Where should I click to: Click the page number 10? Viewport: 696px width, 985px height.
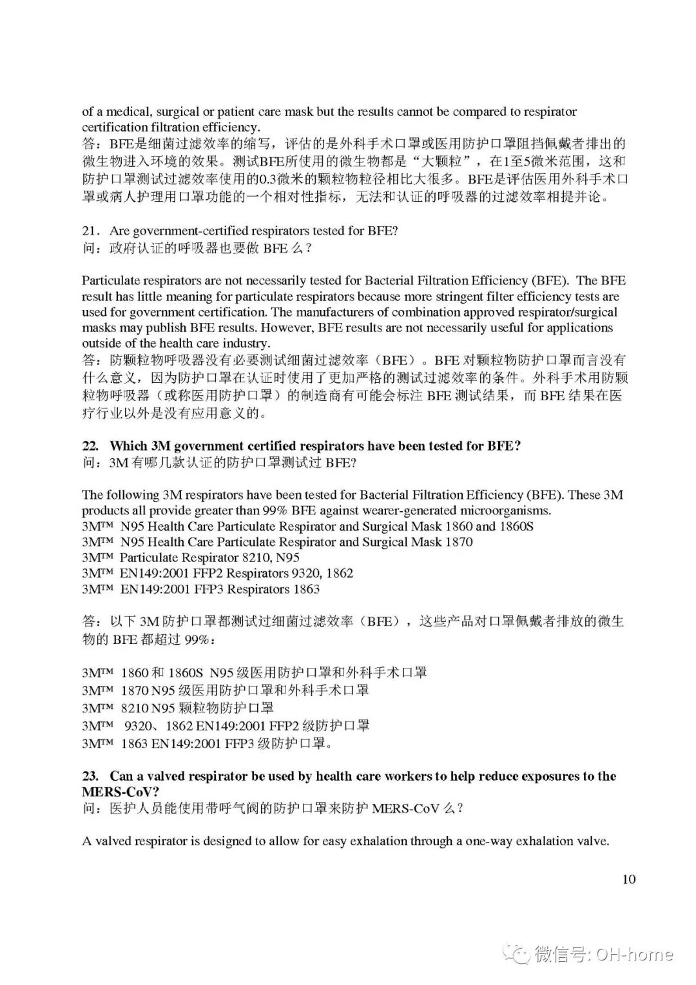coord(629,879)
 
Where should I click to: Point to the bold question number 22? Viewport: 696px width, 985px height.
coord(90,445)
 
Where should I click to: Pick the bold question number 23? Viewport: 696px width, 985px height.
coord(90,776)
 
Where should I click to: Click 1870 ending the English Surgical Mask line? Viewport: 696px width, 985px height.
coord(459,541)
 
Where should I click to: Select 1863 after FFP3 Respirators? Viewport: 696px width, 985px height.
coord(306,589)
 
